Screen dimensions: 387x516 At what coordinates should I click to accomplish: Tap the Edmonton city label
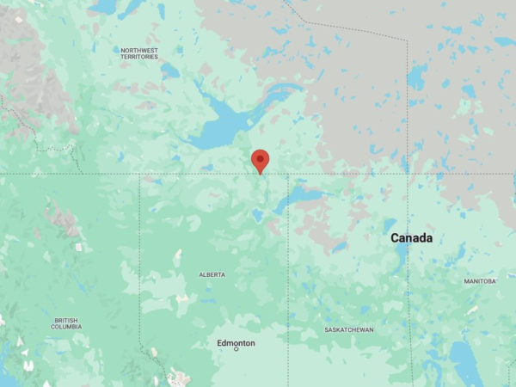click(x=236, y=343)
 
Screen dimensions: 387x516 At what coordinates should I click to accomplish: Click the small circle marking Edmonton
click(x=236, y=349)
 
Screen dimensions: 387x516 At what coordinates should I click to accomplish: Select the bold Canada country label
click(x=411, y=237)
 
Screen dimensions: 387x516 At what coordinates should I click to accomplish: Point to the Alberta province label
click(x=212, y=274)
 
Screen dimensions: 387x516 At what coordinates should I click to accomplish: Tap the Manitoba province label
click(x=480, y=281)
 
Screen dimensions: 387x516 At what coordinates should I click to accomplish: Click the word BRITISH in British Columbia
click(x=66, y=320)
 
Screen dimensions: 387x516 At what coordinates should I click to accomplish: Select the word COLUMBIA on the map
click(x=66, y=327)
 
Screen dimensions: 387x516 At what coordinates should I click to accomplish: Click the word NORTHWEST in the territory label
click(x=139, y=50)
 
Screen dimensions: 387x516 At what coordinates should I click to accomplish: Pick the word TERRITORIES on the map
click(x=139, y=57)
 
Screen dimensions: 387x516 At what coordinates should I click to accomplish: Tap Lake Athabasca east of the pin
click(x=301, y=197)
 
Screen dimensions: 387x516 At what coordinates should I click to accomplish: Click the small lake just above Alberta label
click(x=178, y=256)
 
